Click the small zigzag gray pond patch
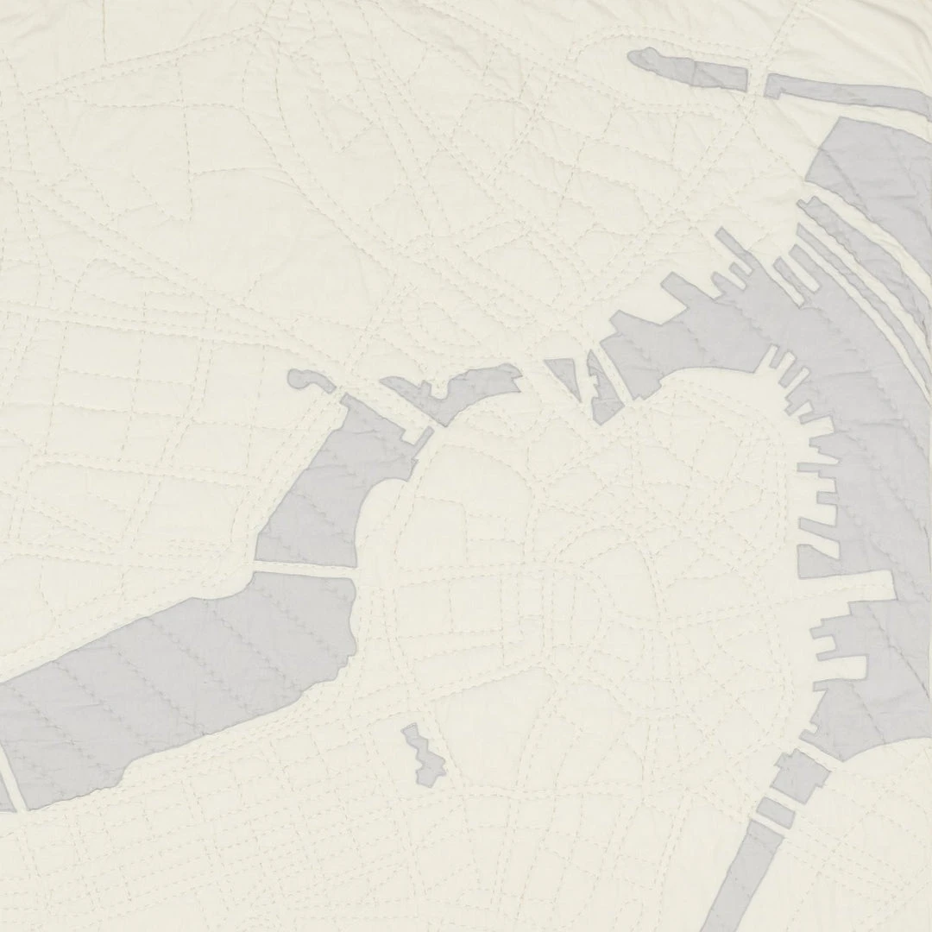423,754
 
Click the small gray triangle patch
565,376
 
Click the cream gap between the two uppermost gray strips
756,81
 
